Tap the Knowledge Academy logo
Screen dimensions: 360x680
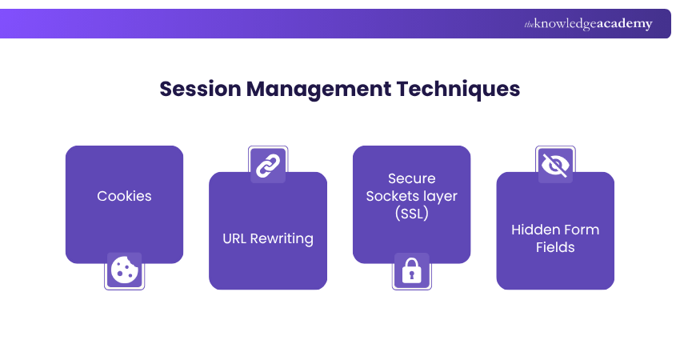tap(588, 24)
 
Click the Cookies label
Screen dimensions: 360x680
tap(124, 196)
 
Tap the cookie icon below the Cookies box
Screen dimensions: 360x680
tap(124, 270)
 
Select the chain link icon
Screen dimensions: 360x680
tap(267, 166)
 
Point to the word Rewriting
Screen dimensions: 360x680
tap(282, 238)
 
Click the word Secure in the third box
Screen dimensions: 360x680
tap(411, 178)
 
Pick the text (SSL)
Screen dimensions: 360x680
tap(411, 214)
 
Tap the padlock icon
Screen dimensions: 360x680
tap(411, 271)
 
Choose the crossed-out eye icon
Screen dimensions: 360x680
tap(554, 166)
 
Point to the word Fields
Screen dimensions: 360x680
tap(555, 247)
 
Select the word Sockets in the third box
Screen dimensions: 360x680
tap(392, 196)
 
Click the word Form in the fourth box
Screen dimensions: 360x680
tap(581, 230)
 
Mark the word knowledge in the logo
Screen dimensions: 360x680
tap(567, 24)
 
